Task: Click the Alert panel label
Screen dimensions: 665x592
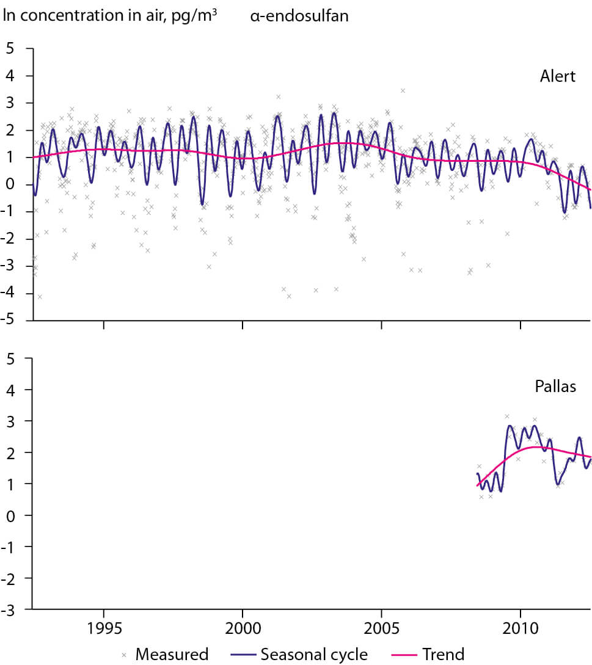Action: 558,76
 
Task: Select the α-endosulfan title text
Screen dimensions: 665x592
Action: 299,16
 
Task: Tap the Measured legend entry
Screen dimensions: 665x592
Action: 172,655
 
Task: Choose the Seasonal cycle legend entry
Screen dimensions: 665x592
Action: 314,655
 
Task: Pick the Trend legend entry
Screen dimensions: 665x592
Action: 443,655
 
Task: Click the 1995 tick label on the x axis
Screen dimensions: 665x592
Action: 104,630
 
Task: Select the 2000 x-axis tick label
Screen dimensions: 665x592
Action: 243,630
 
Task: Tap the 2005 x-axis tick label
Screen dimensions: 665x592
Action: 381,630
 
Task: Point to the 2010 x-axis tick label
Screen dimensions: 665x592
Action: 521,630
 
